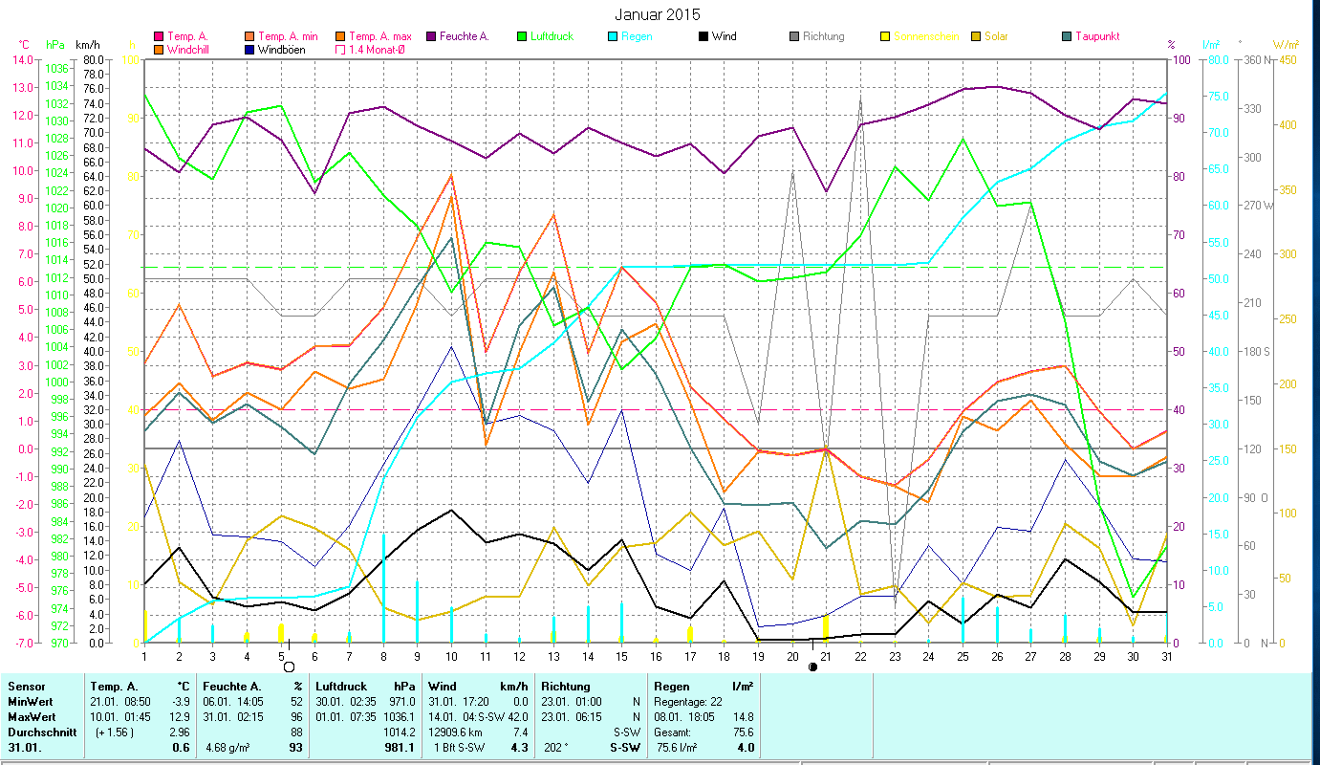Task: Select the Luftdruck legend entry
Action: click(553, 36)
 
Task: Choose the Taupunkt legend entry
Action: click(1096, 36)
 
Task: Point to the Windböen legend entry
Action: click(281, 49)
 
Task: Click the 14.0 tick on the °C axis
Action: click(20, 59)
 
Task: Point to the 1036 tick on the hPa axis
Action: click(55, 68)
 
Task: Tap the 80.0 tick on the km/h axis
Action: click(92, 59)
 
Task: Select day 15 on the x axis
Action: click(621, 655)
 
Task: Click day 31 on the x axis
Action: click(1166, 655)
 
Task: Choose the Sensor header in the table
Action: click(25, 686)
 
